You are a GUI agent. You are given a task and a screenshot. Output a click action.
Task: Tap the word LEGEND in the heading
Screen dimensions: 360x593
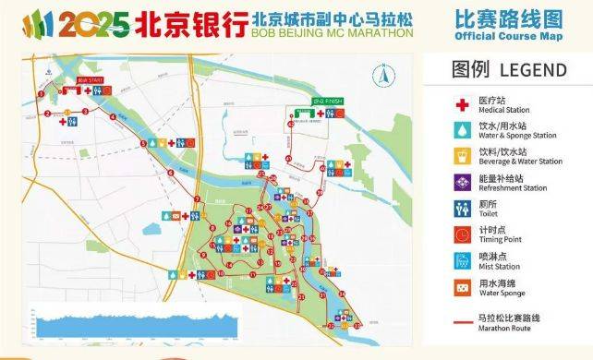pos(533,70)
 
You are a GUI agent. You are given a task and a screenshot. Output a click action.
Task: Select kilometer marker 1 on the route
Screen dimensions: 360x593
pos(41,91)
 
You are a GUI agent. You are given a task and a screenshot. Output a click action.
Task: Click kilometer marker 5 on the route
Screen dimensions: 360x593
pos(144,140)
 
